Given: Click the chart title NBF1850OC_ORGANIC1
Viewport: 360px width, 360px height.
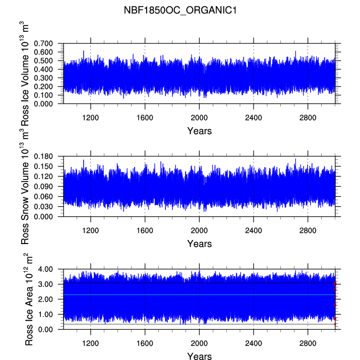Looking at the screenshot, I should coord(180,10).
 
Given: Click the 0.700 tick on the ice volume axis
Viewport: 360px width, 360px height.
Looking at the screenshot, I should coord(46,44).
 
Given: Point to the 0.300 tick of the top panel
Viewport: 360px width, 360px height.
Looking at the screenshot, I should coord(46,78).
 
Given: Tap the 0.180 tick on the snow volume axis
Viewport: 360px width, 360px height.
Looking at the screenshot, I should coord(46,156).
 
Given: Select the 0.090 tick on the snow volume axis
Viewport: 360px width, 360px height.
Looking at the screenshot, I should coord(46,186).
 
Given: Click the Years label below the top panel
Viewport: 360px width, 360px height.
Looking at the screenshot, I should coord(199,131).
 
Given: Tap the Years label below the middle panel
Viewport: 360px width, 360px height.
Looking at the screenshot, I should coord(199,244).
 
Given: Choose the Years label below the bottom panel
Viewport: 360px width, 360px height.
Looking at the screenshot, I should coord(199,356).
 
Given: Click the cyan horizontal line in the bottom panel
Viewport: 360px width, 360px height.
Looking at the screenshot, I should coord(199,294).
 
